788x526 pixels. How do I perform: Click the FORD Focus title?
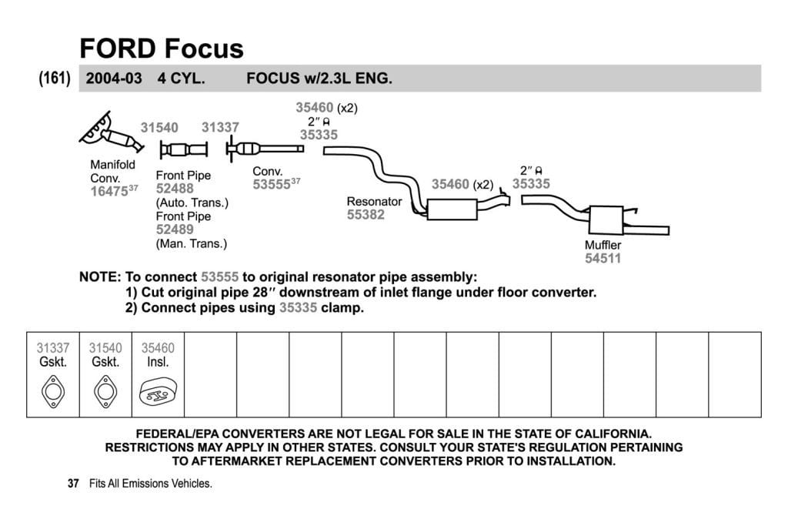(x=162, y=49)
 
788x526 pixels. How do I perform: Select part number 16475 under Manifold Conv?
(x=109, y=192)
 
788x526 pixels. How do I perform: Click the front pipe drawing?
(x=183, y=149)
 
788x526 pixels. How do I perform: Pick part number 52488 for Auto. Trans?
(x=175, y=189)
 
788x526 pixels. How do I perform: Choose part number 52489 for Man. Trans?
(x=175, y=229)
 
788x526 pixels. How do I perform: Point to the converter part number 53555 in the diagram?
(x=271, y=185)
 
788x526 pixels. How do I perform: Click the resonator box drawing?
(x=452, y=209)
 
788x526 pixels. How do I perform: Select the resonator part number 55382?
(x=366, y=215)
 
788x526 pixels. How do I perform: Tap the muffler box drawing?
(x=606, y=219)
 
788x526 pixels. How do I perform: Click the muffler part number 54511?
(x=603, y=259)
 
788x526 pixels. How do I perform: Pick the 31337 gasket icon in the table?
(x=53, y=391)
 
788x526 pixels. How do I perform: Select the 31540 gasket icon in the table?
(x=105, y=391)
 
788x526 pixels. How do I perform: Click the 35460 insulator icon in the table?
(x=158, y=393)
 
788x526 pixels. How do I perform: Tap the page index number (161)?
(x=55, y=79)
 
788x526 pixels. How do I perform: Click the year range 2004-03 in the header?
(x=114, y=79)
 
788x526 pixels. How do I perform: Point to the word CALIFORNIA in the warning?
(x=613, y=434)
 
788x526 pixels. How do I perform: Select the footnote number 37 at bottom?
(x=73, y=483)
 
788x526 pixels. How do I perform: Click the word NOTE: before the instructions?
(x=100, y=277)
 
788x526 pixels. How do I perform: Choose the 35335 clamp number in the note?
(x=298, y=308)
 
